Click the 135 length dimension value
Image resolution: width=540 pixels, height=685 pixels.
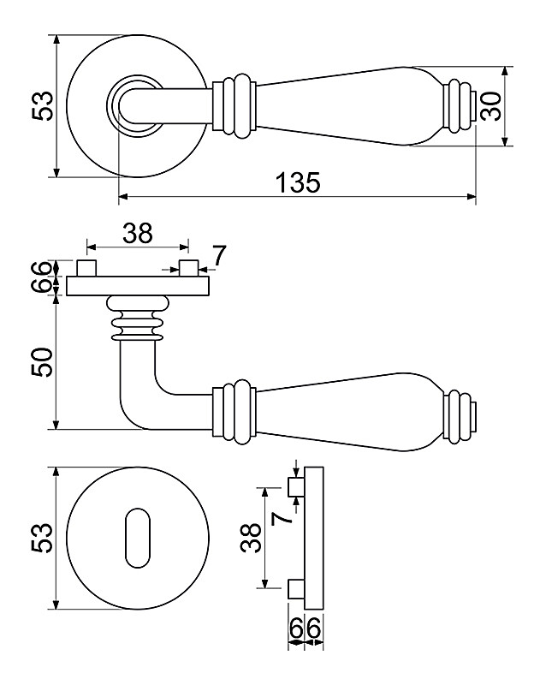click(297, 183)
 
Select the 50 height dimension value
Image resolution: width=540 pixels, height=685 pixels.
click(43, 363)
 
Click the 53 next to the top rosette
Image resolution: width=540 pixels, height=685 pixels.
click(43, 106)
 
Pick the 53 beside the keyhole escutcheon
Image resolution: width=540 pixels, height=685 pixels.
click(43, 537)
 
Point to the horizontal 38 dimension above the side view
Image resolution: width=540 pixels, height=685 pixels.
click(137, 232)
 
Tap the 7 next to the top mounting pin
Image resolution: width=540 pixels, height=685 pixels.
click(219, 255)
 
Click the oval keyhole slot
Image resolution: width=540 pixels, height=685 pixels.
click(137, 537)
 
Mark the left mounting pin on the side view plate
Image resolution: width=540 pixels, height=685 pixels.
click(86, 267)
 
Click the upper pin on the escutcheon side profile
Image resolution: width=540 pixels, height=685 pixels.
click(295, 488)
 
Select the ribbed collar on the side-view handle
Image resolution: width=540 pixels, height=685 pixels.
click(234, 414)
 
